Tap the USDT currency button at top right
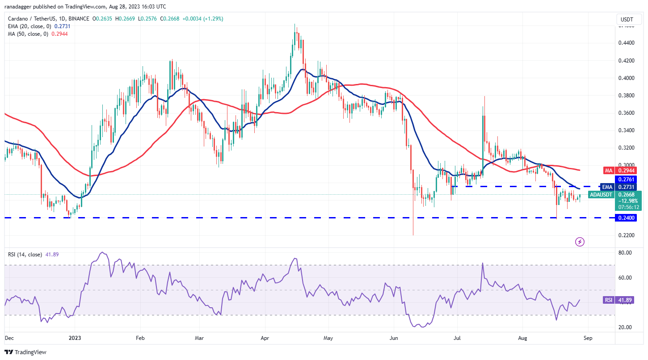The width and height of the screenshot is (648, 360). click(x=627, y=19)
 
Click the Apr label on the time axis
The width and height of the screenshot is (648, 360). click(x=265, y=339)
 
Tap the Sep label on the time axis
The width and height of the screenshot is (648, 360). click(x=588, y=339)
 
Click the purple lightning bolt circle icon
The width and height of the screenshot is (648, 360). click(x=580, y=242)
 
